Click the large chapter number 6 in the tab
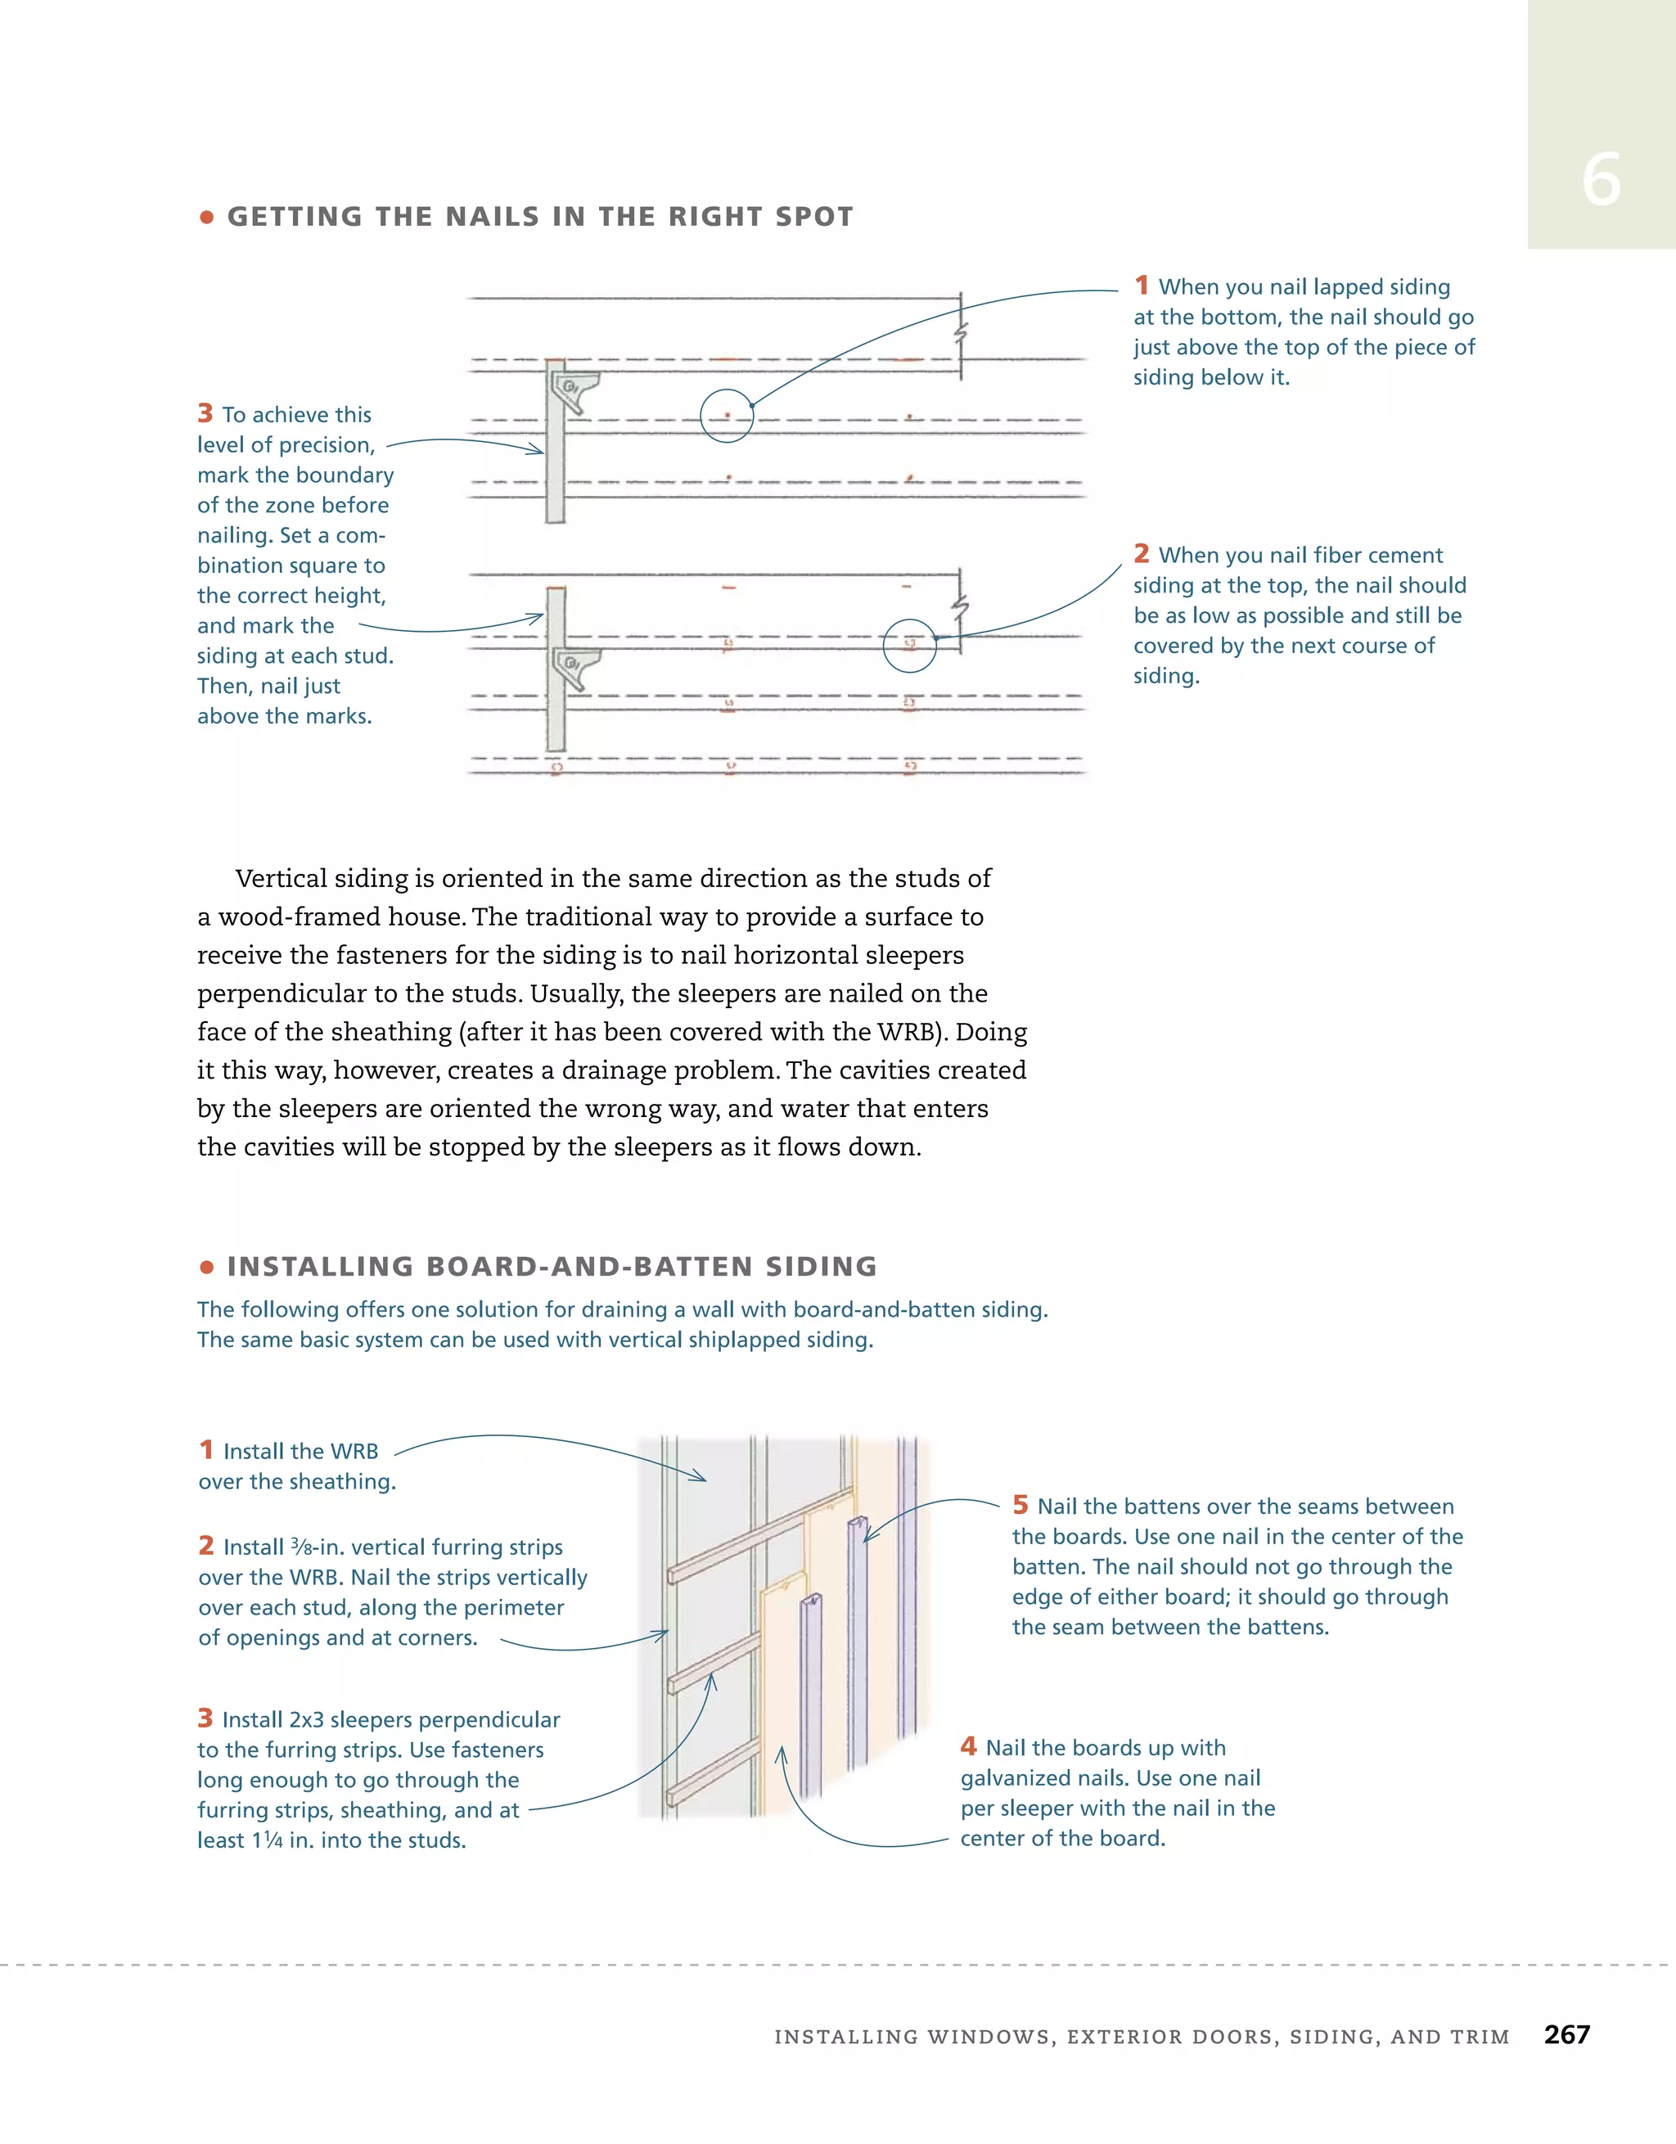[x=1601, y=181]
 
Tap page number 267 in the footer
[x=1566, y=2034]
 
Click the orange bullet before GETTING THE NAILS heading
[x=206, y=217]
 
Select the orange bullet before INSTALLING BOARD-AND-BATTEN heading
[x=206, y=1268]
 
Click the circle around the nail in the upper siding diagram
[x=727, y=417]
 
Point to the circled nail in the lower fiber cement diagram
[x=909, y=645]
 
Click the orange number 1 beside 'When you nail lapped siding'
[x=1141, y=286]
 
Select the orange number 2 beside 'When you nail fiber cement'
[x=1141, y=554]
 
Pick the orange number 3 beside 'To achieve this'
[x=205, y=413]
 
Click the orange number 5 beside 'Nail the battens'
[x=1020, y=1505]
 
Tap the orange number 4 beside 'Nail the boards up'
[x=968, y=1746]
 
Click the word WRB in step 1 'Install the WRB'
[x=354, y=1451]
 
